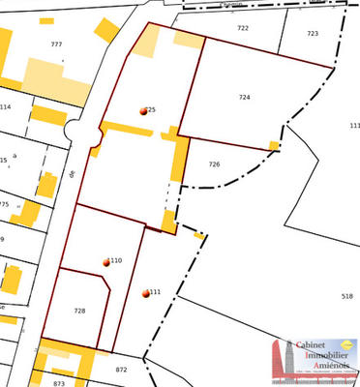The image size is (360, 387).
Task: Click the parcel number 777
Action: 56,45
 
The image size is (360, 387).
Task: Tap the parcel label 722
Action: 243,28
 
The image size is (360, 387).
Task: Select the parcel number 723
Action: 312,33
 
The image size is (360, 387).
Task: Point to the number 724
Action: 244,98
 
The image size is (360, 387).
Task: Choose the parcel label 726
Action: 214,164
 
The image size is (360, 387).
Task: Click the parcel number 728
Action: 79,311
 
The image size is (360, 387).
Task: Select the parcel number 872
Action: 121,370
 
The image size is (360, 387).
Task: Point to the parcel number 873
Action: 59,383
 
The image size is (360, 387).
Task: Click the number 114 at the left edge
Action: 6,106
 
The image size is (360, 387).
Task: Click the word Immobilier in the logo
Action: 318,354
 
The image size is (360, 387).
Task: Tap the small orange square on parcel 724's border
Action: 274,146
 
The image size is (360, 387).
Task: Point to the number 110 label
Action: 116,261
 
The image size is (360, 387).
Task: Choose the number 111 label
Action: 155,292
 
